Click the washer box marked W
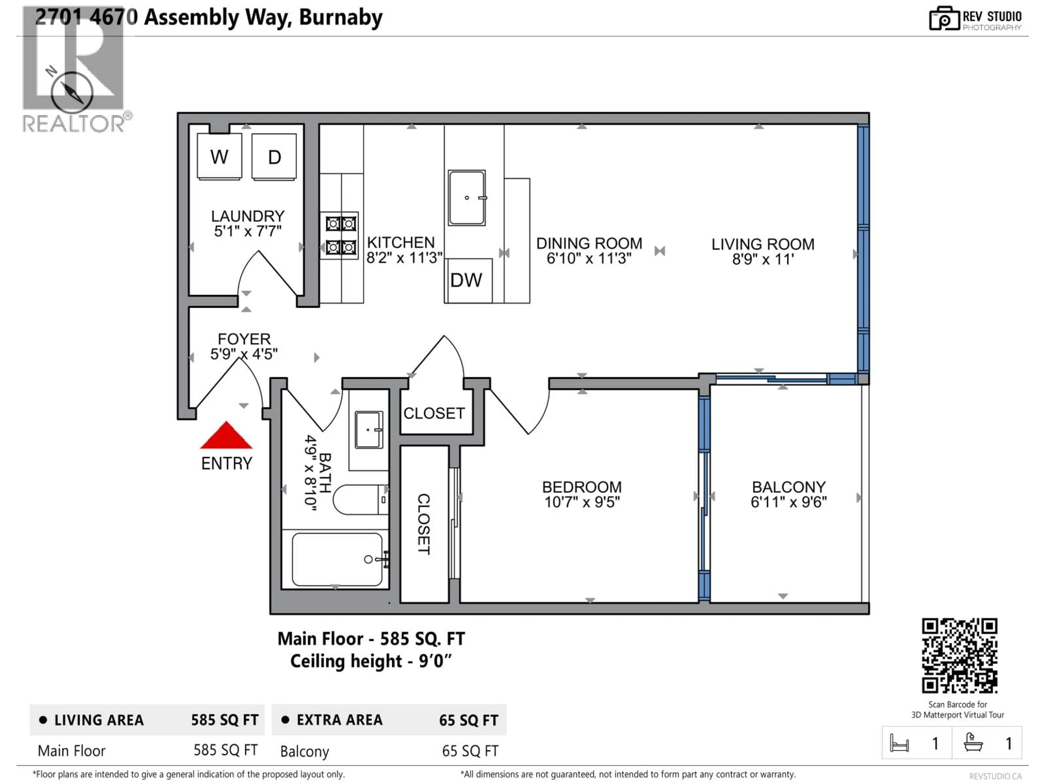click(219, 157)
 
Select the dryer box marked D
click(274, 157)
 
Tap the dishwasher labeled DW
click(467, 280)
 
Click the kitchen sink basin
click(467, 198)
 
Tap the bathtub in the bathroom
click(337, 559)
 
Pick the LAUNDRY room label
click(248, 216)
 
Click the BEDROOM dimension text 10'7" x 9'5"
click(582, 502)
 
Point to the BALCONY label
click(788, 487)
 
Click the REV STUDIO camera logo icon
click(944, 19)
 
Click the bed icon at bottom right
click(899, 743)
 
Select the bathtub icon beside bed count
click(973, 742)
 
